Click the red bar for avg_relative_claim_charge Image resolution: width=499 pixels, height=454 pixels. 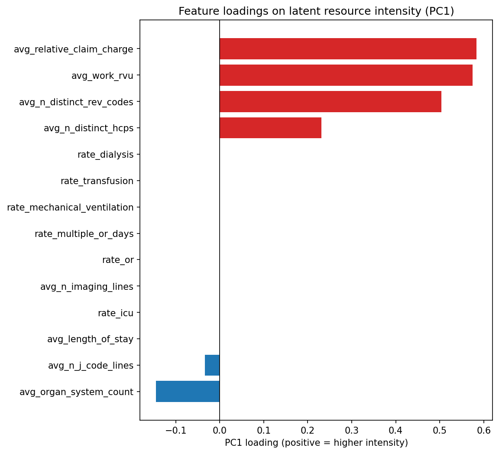pos(348,49)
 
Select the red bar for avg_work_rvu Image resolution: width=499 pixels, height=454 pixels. pos(346,75)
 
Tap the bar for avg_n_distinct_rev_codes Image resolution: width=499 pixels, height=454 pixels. pos(330,102)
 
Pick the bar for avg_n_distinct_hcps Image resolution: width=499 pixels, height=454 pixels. pos(270,128)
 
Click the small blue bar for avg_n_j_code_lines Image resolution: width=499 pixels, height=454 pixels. pos(212,365)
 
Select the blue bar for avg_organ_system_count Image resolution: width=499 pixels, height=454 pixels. pos(188,392)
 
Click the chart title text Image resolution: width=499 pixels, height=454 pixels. pos(316,11)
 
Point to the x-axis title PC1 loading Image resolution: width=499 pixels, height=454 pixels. pos(316,443)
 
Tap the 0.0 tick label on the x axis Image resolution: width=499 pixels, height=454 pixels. pos(220,430)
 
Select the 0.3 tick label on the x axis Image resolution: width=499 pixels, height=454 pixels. pos(352,430)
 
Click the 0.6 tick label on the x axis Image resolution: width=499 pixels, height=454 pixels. pos(484,430)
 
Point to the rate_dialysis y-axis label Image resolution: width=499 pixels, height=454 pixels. pos(105,155)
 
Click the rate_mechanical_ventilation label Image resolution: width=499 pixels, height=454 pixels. pos(70,208)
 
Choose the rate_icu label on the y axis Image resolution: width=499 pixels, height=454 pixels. pos(116,313)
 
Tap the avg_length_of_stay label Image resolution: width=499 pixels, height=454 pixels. pos(90,339)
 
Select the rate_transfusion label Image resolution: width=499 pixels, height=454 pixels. pos(97,181)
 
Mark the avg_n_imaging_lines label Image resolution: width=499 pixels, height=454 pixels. pos(87,286)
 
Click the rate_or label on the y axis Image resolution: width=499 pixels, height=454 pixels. pos(118,260)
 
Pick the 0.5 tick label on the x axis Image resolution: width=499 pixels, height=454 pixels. pos(440,430)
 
